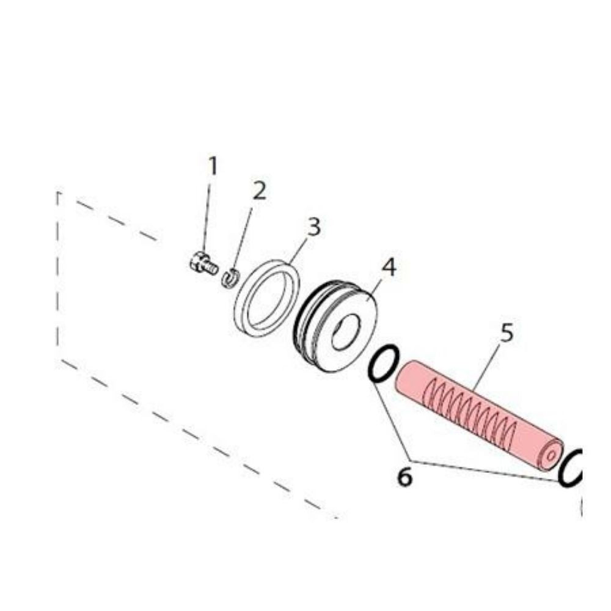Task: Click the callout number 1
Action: [213, 166]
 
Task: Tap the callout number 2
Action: [259, 191]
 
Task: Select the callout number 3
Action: [313, 227]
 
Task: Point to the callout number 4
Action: [389, 268]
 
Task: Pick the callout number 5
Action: [507, 332]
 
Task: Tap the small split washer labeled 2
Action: [230, 278]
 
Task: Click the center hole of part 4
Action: [346, 332]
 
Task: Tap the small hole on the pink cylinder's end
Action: [551, 455]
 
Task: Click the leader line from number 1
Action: [207, 219]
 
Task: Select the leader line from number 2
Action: [243, 239]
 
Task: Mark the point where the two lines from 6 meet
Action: [410, 461]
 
